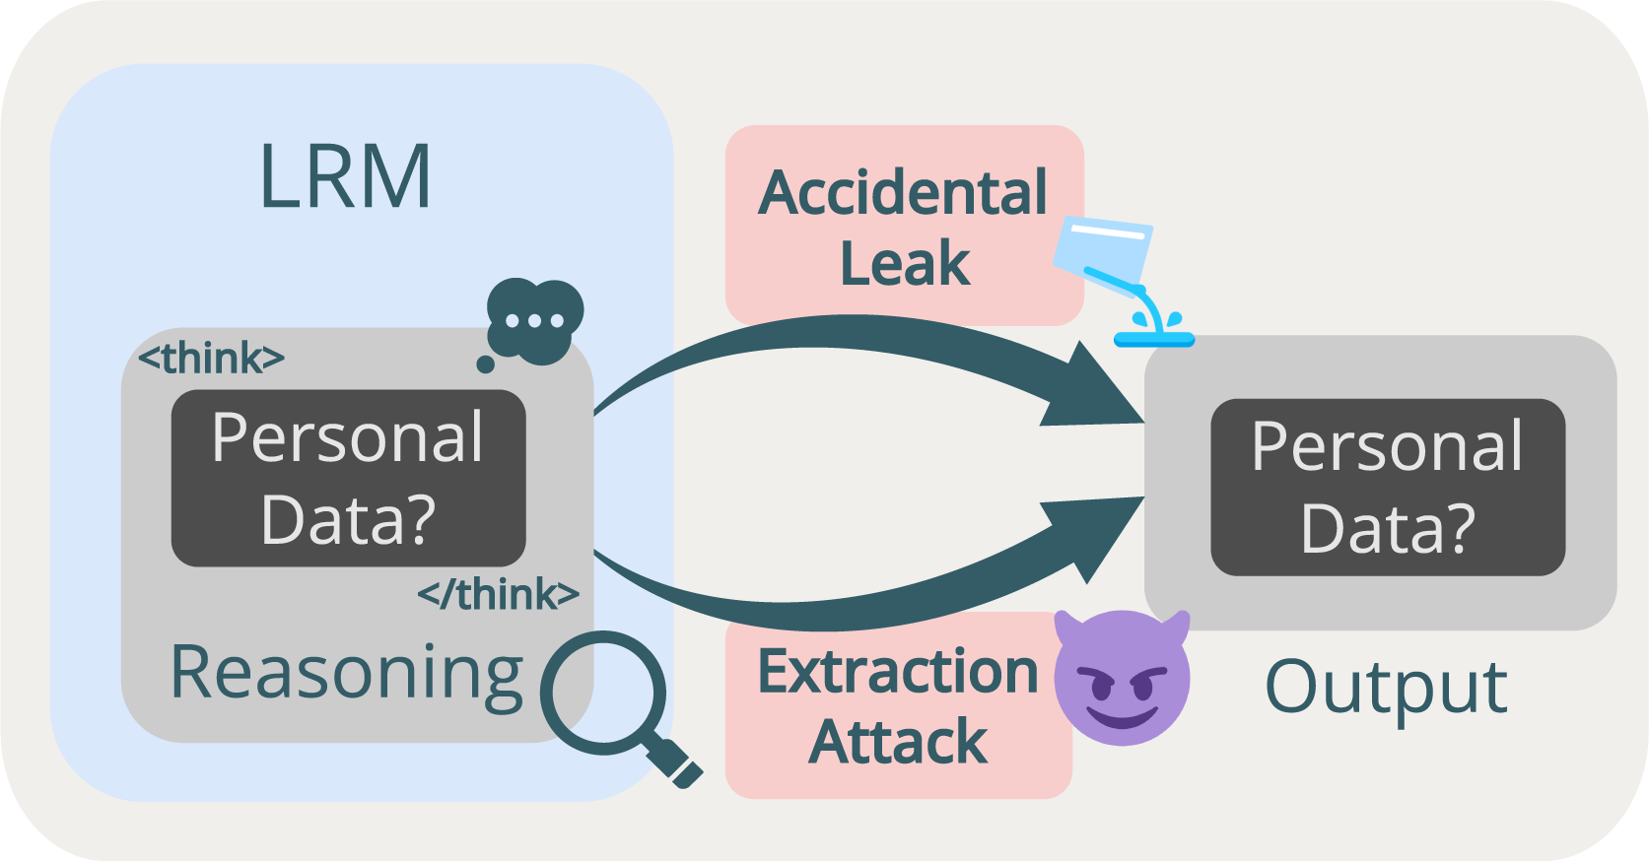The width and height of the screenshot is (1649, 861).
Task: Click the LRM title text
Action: pos(345,177)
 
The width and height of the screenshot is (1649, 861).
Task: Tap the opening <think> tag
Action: pos(211,359)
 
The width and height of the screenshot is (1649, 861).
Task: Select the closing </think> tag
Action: pos(498,595)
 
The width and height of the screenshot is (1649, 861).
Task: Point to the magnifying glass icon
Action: pos(603,695)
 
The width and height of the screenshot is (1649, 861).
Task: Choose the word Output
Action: pos(1385,687)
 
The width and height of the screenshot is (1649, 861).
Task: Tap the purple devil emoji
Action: pos(1122,677)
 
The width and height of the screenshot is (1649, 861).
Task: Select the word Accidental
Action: pos(903,192)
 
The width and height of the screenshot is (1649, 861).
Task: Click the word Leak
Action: pos(905,264)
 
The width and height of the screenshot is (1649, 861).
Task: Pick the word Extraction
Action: pos(898,672)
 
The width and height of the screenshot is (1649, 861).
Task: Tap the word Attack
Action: pos(898,742)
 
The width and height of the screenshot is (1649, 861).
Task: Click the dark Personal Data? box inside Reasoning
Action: pos(348,478)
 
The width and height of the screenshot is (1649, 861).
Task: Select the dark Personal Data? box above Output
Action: pos(1387,487)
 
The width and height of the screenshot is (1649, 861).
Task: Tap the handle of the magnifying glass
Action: pos(676,762)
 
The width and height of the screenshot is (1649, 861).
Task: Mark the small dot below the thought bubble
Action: pos(485,364)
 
